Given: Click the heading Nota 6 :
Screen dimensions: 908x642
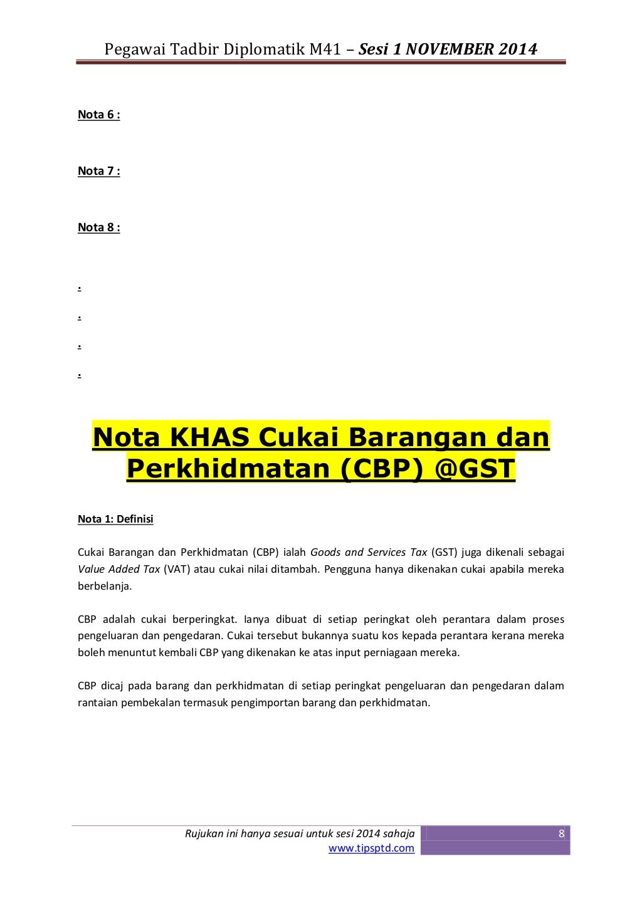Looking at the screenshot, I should [x=98, y=115].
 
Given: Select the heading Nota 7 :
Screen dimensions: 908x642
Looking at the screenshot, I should [x=98, y=171].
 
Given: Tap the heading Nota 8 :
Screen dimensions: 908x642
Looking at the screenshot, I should [x=98, y=227].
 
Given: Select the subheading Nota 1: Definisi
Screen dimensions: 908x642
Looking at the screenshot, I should [x=115, y=519].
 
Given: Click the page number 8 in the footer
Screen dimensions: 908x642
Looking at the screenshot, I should [x=561, y=833].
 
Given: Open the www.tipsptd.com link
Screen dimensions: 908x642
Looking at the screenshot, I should [x=371, y=848].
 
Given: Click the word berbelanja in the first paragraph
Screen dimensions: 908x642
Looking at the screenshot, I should [x=105, y=587].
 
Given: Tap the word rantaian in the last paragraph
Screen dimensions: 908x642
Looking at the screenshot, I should [x=96, y=702].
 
